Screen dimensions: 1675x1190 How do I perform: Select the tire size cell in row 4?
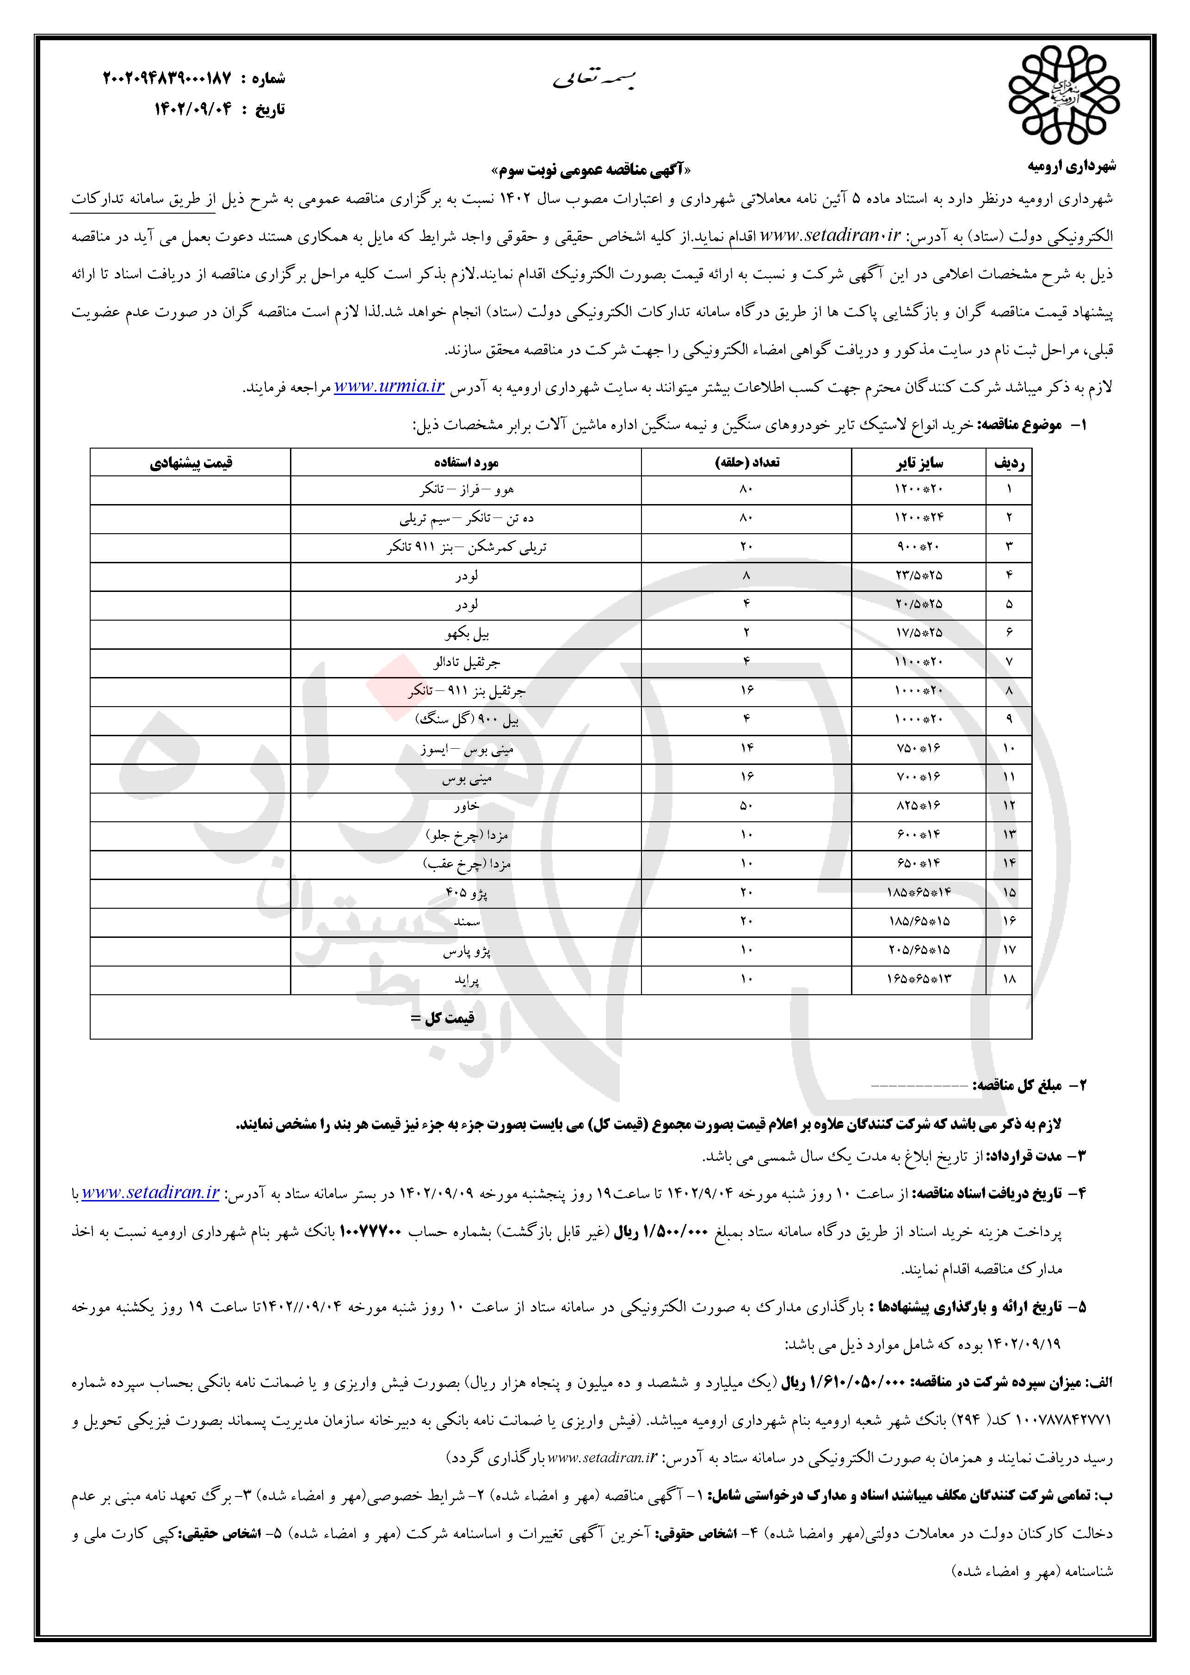pyautogui.click(x=919, y=576)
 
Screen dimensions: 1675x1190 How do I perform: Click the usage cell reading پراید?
pyautogui.click(x=466, y=979)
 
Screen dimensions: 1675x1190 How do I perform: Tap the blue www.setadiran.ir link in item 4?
pyautogui.click(x=151, y=1193)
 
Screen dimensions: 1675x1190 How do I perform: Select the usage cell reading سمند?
pyautogui.click(x=466, y=922)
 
